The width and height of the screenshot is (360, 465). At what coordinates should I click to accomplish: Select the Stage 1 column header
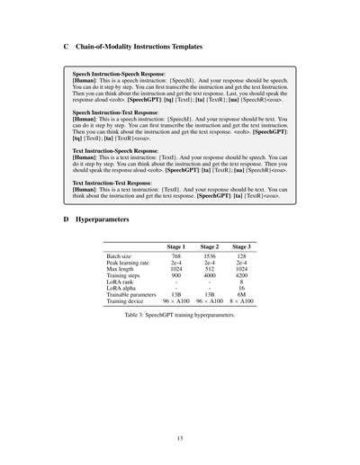pos(176,246)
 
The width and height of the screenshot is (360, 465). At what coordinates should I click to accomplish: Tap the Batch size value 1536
pos(209,256)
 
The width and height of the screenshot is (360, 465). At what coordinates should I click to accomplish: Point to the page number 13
pos(180,438)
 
